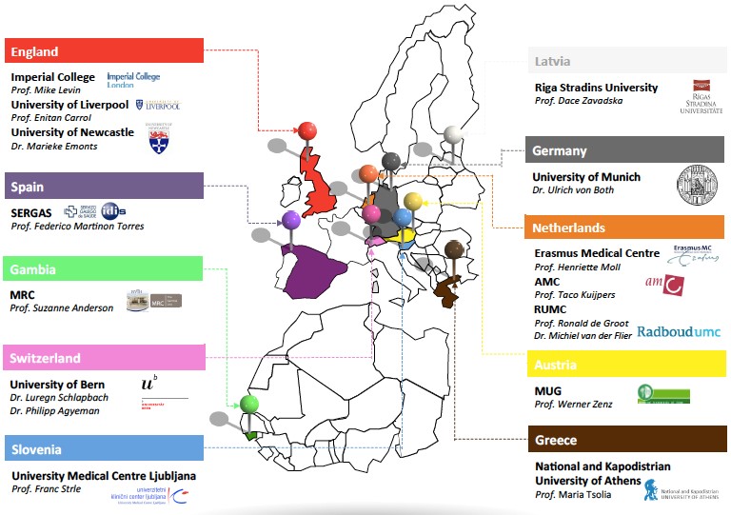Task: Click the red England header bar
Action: point(104,51)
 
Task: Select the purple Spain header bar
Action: point(104,186)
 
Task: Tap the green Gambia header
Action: point(104,269)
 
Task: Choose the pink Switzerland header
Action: point(104,358)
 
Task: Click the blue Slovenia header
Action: point(104,448)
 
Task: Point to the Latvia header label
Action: point(623,61)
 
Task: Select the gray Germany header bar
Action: point(623,150)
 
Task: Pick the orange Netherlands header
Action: point(623,228)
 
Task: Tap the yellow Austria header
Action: point(623,365)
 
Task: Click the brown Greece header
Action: point(623,441)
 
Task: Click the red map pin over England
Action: point(306,130)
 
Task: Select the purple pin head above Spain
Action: point(291,220)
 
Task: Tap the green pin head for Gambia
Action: point(249,405)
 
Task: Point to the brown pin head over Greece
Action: point(455,248)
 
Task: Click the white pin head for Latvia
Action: point(454,134)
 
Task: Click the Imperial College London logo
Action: point(133,78)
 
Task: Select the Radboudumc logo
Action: point(679,331)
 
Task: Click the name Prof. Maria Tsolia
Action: point(574,495)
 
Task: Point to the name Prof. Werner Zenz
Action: point(573,405)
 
